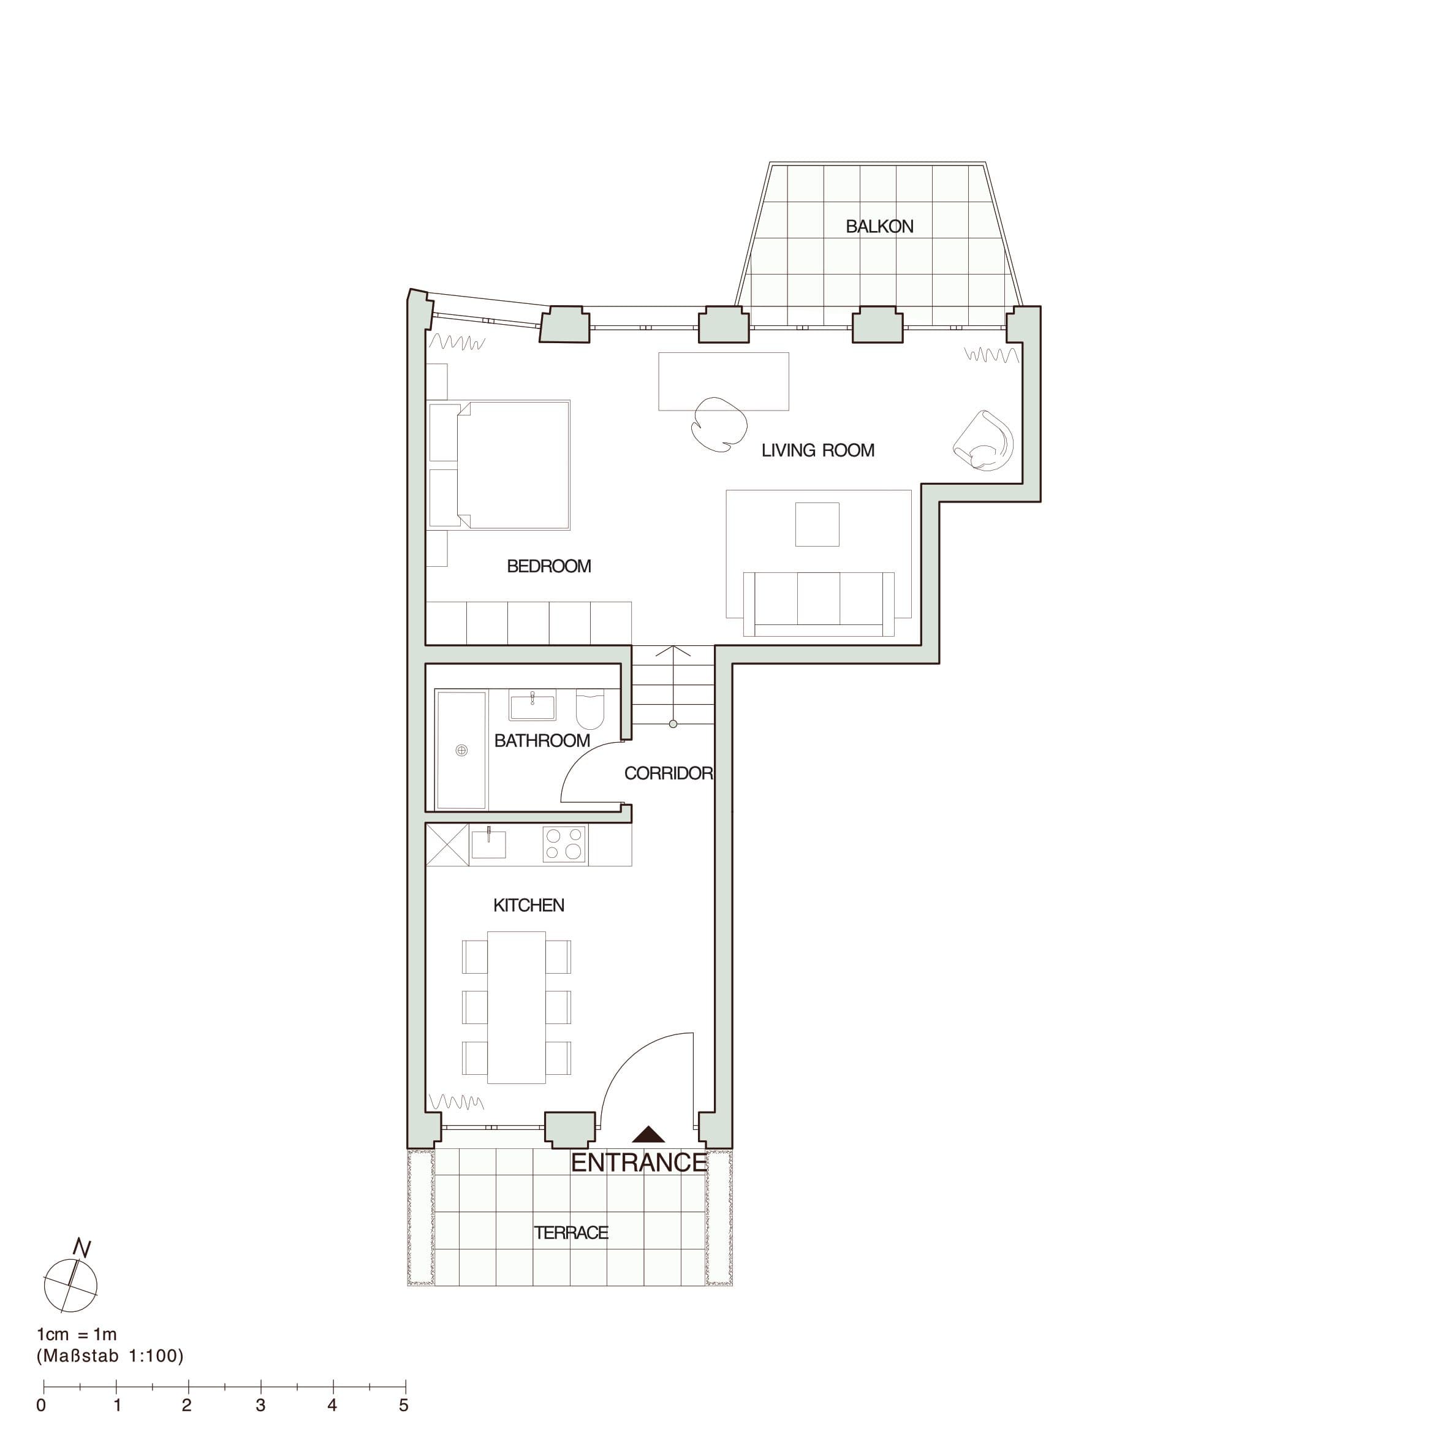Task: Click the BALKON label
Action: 879,226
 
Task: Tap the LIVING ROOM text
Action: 817,450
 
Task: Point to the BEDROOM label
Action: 548,567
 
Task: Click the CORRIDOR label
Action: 669,773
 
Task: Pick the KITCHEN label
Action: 528,905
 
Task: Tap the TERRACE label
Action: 570,1233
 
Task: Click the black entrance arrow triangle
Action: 648,1135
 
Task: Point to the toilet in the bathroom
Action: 590,708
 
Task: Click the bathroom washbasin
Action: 532,705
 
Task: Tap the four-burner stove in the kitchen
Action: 564,844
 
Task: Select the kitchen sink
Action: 488,844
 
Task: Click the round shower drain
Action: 461,750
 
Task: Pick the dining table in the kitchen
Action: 517,1007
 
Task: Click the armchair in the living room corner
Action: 984,441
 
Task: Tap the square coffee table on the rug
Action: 817,524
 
